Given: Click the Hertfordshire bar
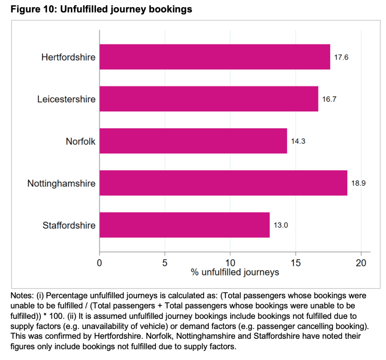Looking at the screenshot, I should [215, 57].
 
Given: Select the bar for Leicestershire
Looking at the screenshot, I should [209, 99].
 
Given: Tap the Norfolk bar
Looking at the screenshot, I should [193, 141].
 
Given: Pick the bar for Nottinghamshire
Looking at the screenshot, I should [223, 183].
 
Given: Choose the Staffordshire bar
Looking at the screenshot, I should [185, 225].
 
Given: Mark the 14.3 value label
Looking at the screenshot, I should [298, 142].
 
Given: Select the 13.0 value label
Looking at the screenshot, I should [281, 226].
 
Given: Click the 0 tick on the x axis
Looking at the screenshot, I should [100, 263].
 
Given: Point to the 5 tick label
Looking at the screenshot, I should [165, 263].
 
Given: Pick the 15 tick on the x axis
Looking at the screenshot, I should [295, 263].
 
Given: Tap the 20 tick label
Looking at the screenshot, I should [361, 263].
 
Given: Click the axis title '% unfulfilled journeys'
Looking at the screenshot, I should [235, 272].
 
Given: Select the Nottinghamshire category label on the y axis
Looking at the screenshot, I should [62, 183].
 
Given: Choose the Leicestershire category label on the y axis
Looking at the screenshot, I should [66, 99].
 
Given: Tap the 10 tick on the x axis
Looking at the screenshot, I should [230, 263].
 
